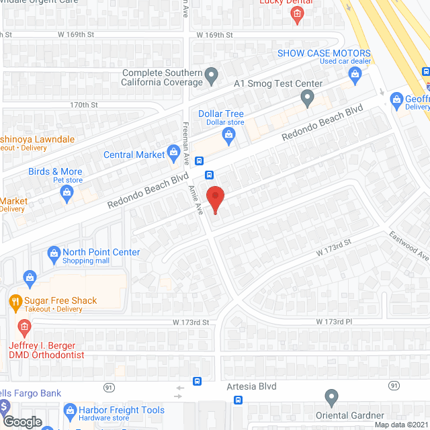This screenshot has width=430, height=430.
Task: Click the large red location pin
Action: click(214, 199)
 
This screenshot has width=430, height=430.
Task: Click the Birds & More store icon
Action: click(67, 193)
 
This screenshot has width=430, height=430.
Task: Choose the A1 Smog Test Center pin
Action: click(308, 99)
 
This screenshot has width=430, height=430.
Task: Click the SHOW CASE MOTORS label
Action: click(325, 53)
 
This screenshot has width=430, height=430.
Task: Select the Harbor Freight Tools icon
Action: click(68, 410)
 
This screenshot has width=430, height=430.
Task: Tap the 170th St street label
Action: click(84, 105)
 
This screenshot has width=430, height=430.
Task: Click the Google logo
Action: click(21, 422)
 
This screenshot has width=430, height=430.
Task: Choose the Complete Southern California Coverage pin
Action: click(212, 75)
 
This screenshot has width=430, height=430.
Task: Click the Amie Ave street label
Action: click(196, 199)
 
